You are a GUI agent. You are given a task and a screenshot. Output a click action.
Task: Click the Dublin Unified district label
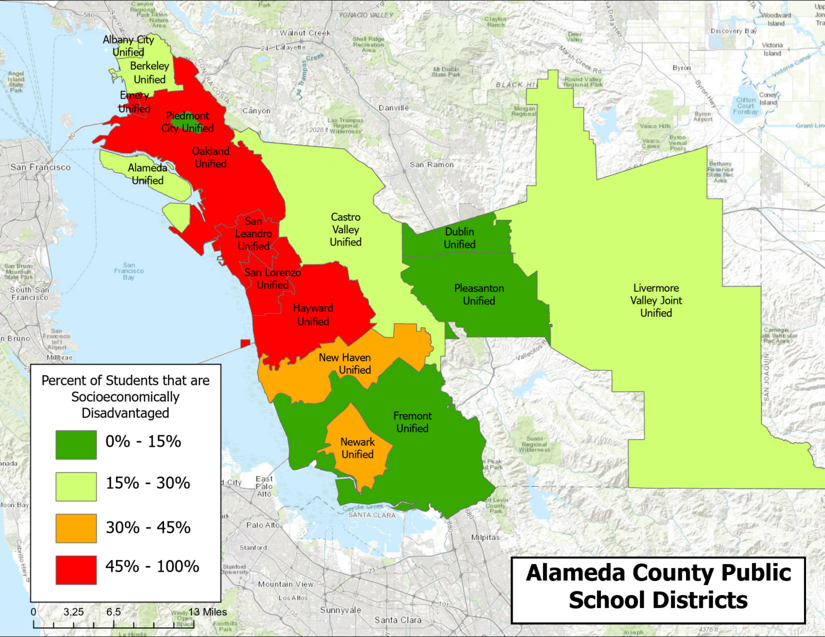point(459,238)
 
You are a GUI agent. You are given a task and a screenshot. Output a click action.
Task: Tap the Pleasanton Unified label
point(479,295)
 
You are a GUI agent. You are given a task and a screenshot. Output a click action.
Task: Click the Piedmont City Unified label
point(188,122)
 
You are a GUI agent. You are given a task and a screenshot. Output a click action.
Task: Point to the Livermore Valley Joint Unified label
point(656,301)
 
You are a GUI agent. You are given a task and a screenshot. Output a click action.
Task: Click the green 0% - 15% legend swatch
point(76,445)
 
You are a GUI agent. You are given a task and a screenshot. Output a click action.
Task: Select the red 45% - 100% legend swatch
point(76,570)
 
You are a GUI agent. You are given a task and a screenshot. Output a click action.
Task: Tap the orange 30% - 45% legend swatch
point(76,528)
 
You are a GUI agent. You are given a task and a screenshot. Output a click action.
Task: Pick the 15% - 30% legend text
point(148,483)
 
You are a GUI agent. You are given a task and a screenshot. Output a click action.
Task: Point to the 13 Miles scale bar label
point(208,612)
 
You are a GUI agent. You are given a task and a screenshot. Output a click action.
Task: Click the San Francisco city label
point(40,167)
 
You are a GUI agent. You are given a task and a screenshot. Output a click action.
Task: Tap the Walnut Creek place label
point(305,33)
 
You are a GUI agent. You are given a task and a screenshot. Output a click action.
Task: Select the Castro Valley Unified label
point(346,229)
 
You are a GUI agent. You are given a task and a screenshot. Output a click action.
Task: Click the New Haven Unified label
point(345,363)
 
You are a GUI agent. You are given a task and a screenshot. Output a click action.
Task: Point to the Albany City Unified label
point(128,46)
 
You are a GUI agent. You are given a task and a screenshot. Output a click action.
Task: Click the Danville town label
point(394,108)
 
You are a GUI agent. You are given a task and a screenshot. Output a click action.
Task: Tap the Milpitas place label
point(485,537)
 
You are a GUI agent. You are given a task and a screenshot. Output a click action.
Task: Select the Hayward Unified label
point(313,315)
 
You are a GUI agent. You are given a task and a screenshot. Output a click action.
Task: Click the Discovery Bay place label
point(733,31)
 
